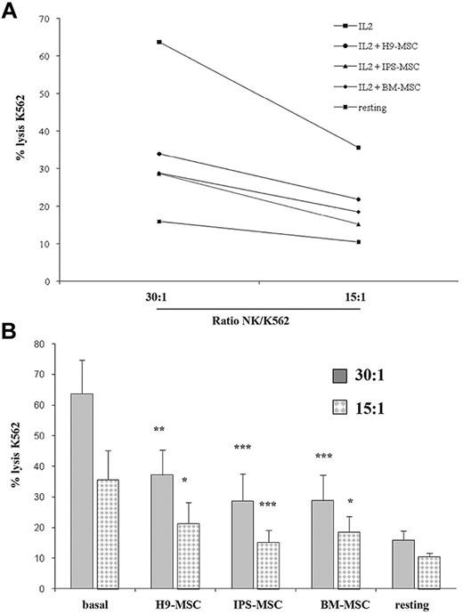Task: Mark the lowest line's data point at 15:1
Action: [x=358, y=242]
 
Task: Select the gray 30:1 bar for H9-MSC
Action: [x=162, y=531]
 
